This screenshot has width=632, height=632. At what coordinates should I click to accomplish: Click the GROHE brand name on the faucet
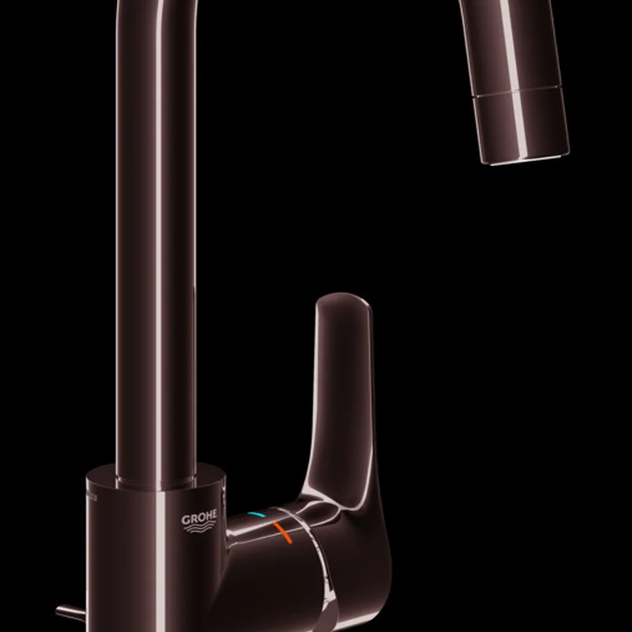click(199, 517)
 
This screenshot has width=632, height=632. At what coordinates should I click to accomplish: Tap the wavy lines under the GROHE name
click(200, 528)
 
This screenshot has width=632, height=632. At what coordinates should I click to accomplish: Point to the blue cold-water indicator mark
click(256, 515)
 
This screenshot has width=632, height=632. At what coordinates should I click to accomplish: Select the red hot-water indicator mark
click(282, 532)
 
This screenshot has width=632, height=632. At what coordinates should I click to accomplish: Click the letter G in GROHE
click(186, 520)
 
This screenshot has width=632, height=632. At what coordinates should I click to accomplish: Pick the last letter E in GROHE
click(213, 514)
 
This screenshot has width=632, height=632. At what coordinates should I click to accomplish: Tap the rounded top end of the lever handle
click(344, 300)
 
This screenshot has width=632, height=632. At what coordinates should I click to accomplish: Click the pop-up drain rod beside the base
click(70, 613)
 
